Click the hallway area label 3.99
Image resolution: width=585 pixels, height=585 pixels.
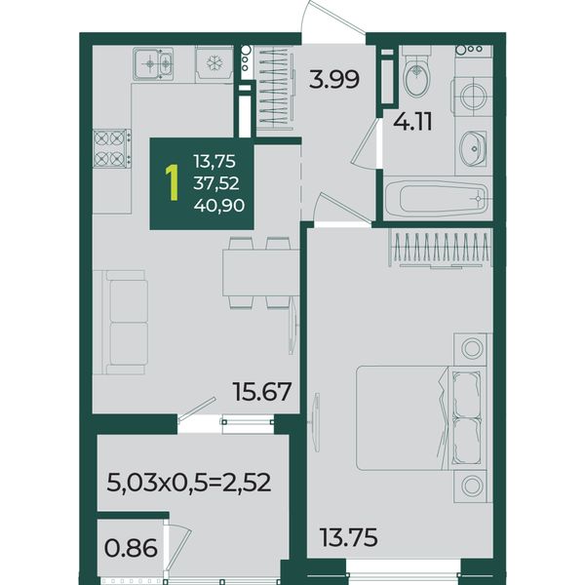click(334, 79)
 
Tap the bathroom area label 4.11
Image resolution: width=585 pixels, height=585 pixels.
click(412, 122)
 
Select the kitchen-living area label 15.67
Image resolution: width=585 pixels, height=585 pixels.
click(261, 392)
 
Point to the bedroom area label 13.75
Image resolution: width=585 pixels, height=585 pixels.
click(349, 537)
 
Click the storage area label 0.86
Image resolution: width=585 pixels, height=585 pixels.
click(131, 548)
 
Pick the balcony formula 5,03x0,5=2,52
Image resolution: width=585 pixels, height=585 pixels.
click(189, 483)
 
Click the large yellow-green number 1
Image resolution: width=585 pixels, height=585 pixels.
click(173, 183)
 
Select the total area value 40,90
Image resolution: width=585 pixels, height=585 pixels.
click(219, 205)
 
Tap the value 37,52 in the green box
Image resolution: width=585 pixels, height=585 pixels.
click(216, 183)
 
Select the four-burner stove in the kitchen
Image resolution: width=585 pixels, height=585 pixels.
click(111, 148)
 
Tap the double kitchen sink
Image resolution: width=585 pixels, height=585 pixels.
click(153, 63)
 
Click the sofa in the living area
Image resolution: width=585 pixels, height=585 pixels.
click(120, 323)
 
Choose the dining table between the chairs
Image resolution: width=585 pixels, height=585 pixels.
click(260, 273)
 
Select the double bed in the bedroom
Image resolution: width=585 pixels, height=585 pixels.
click(421, 417)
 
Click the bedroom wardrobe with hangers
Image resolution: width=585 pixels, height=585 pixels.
click(441, 249)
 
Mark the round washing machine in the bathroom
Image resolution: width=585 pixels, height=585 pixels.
click(473, 96)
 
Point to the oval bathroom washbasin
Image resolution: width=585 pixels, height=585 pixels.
click(473, 148)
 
